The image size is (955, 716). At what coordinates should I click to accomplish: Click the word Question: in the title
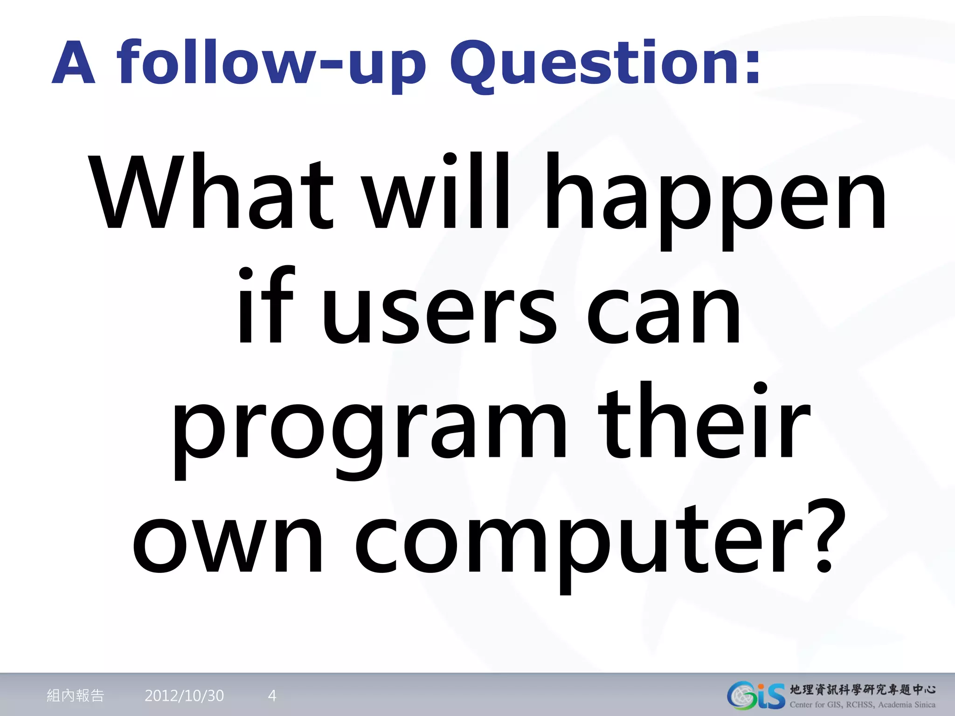(x=605, y=63)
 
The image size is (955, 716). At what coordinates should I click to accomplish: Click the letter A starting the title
(x=74, y=63)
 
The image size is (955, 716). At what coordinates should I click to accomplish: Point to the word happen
(x=716, y=200)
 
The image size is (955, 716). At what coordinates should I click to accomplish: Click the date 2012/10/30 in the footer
(x=184, y=695)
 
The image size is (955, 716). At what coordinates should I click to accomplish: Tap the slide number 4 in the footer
(x=272, y=695)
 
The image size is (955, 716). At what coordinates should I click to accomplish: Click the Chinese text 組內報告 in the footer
(x=75, y=695)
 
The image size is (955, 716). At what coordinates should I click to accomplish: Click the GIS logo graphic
(x=755, y=695)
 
